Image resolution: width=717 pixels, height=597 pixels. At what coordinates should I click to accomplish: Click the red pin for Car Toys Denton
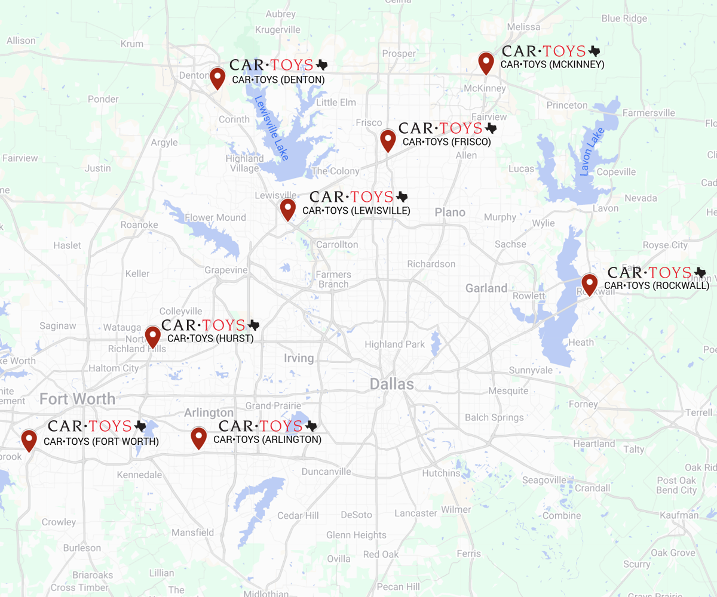point(217,78)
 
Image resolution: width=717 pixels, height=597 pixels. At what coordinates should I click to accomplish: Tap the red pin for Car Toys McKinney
point(486,62)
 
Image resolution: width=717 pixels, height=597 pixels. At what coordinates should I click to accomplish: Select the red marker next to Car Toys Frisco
point(388,140)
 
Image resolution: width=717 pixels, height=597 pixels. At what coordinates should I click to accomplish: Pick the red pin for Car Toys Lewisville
point(288,209)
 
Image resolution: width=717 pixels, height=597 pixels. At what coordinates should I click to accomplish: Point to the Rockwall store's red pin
point(590,284)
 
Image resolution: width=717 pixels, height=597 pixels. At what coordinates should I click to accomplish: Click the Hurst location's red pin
point(153,337)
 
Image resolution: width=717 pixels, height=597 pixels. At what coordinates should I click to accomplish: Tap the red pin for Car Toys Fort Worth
point(29,439)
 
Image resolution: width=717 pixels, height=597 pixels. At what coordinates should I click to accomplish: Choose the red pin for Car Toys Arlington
point(198,437)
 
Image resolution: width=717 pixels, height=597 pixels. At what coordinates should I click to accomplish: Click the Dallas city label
point(391,384)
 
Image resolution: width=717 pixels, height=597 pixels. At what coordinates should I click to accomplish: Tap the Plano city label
point(450,213)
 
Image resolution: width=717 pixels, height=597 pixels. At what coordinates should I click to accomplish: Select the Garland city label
point(486,288)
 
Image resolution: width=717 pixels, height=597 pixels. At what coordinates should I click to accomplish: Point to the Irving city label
point(299,358)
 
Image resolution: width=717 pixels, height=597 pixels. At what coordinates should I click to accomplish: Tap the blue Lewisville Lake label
point(271,127)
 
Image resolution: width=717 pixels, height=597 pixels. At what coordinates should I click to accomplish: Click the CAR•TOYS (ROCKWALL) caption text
point(657,286)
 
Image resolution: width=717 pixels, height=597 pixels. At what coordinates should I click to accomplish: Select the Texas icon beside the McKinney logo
point(594,51)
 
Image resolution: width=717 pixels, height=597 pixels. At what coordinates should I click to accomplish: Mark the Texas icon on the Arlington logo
point(311,426)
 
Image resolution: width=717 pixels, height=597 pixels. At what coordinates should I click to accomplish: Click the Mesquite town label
point(508,391)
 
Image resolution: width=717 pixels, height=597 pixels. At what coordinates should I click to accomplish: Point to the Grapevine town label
point(226,270)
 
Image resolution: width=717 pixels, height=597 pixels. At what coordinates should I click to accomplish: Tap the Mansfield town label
point(192,533)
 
